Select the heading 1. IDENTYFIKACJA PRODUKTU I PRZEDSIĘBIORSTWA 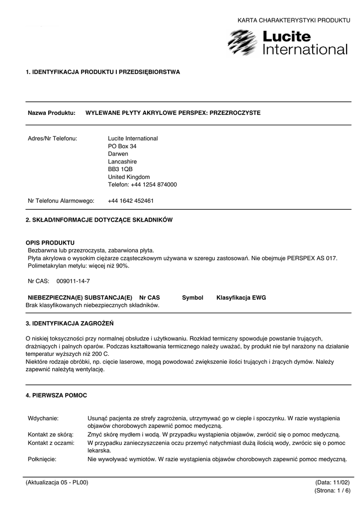point(103,72)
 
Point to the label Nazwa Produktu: point(51,113)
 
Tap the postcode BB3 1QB point(120,169)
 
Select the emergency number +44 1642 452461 point(131,201)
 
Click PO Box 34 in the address point(122,146)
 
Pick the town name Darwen point(118,154)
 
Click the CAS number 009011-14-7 point(73,281)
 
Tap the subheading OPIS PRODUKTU point(50,242)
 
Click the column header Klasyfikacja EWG point(241,297)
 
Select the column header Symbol point(192,297)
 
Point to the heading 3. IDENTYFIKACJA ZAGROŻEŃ point(70,323)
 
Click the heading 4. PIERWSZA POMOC point(56,395)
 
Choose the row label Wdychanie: point(43,418)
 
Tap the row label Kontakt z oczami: point(51,442)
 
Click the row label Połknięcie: point(42,459)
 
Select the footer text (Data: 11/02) point(332,483)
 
